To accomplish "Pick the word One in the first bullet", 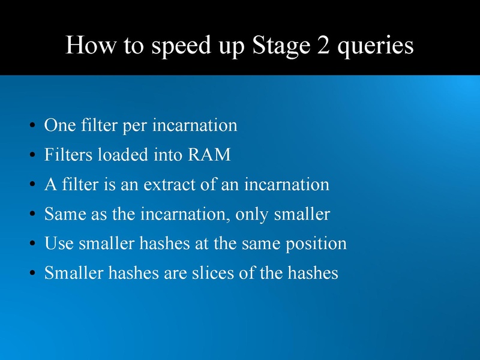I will click(59, 125).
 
